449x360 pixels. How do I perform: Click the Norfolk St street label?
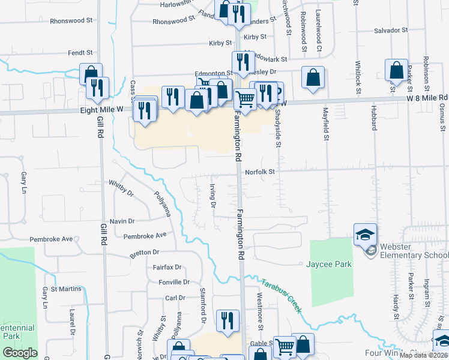coord(259,172)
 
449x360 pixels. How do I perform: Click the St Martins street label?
coord(66,289)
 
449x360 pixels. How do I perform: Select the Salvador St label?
coord(390,29)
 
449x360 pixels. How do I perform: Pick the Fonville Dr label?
coord(174,281)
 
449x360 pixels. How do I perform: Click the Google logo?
coord(20,353)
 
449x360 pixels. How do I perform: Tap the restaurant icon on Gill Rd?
coord(97,88)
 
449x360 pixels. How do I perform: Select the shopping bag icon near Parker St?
coord(397,70)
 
